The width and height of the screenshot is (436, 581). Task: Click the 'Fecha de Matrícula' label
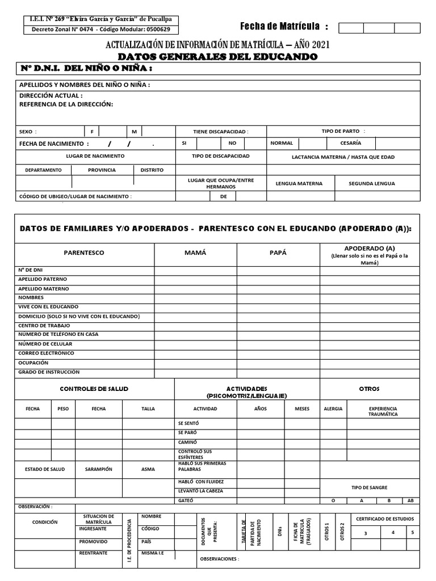tap(284, 26)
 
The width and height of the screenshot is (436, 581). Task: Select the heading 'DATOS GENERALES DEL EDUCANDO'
tap(217, 57)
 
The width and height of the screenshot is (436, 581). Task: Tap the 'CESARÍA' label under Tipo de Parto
tap(350, 143)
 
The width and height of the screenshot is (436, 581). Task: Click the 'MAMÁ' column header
tap(195, 252)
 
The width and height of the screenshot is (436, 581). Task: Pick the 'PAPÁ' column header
tap(278, 252)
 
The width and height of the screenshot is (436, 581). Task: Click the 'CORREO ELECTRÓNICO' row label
tap(47, 353)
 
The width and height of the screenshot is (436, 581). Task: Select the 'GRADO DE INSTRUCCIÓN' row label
tap(49, 372)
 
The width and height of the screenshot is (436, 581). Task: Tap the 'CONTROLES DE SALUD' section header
tap(94, 389)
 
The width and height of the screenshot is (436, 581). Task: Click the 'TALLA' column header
tap(148, 409)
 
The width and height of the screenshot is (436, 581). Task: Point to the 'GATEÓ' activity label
tap(186, 500)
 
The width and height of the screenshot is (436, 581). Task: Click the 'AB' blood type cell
tap(410, 501)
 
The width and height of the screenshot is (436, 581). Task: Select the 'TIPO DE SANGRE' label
tap(370, 487)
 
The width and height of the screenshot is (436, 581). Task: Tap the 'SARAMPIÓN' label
tap(99, 469)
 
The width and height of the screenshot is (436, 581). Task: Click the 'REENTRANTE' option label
tap(93, 553)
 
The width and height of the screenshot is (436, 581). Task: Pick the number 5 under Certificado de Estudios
tap(412, 533)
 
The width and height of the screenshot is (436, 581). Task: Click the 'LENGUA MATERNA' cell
tap(299, 183)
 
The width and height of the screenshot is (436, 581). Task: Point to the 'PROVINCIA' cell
tap(102, 170)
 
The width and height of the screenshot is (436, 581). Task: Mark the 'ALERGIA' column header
tap(333, 409)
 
